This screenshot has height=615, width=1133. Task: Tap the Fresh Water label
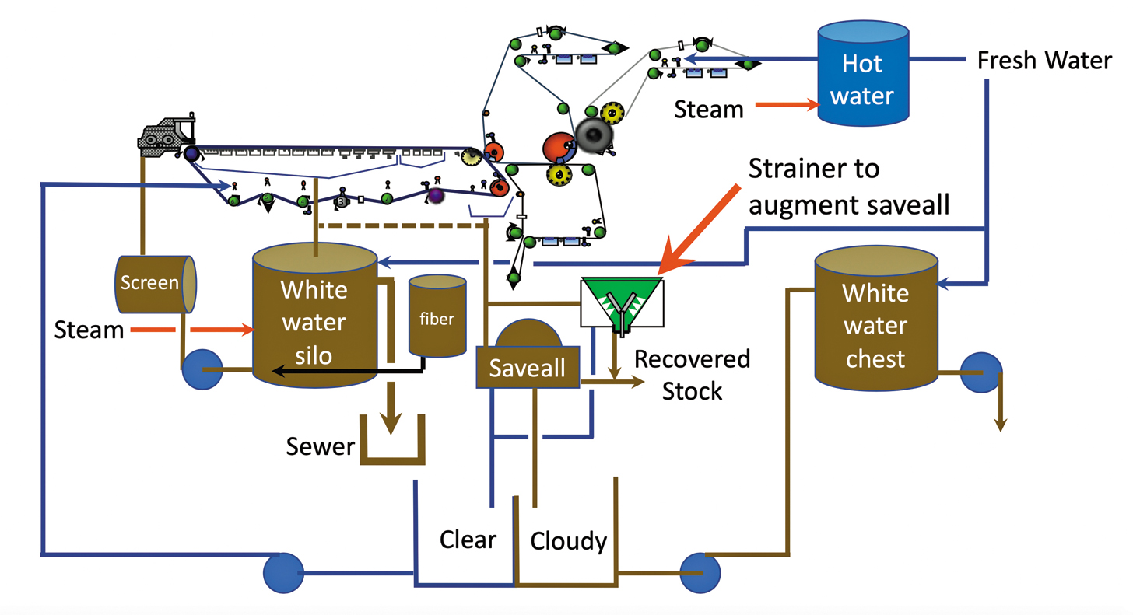(x=1044, y=61)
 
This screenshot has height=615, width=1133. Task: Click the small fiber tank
(x=437, y=317)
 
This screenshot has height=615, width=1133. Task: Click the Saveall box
(x=528, y=366)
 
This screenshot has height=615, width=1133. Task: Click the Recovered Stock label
(x=692, y=375)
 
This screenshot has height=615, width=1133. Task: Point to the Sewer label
(x=320, y=447)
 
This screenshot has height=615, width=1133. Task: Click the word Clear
(x=468, y=539)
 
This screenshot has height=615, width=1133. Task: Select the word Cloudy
(x=568, y=540)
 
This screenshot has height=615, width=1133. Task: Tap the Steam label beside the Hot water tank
(x=709, y=110)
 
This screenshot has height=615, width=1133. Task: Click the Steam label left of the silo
(x=89, y=330)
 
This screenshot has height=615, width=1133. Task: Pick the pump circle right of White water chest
(x=980, y=373)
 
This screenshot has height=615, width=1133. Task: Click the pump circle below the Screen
(x=202, y=370)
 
